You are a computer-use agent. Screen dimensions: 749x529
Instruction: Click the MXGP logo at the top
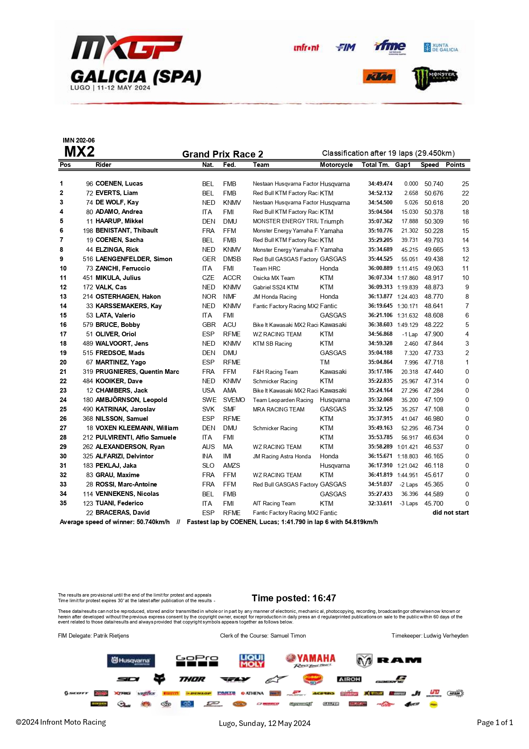tap(127, 48)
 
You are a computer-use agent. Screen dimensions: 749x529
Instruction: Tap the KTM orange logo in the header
tap(379, 77)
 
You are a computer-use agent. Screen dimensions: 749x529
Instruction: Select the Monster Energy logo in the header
tap(434, 78)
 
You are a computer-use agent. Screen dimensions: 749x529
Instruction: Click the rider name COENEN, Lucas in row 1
tap(119, 184)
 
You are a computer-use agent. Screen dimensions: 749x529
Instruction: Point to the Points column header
tap(455, 165)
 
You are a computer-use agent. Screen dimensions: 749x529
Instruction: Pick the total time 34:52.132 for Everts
tap(380, 193)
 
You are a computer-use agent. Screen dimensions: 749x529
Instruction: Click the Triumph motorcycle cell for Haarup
tap(331, 221)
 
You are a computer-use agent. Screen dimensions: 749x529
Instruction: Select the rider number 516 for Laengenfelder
tap(88, 259)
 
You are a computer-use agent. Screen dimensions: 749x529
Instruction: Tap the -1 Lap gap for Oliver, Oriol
tap(410, 334)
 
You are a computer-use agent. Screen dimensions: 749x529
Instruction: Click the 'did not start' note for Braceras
tap(451, 513)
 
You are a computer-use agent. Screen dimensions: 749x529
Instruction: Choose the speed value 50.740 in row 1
tap(433, 184)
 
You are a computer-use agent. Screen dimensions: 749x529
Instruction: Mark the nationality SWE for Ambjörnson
tap(209, 400)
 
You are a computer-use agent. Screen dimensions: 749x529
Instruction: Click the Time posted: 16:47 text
tap(294, 598)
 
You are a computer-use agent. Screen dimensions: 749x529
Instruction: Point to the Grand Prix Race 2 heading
tap(223, 154)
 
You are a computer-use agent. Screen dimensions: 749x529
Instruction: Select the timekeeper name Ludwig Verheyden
tap(446, 635)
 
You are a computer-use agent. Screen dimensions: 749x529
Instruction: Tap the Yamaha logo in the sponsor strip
tap(311, 660)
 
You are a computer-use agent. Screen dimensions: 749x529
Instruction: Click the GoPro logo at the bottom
tap(197, 660)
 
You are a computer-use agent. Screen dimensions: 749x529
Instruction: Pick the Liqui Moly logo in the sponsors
tap(252, 661)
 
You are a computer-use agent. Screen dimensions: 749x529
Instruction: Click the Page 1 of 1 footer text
tap(494, 723)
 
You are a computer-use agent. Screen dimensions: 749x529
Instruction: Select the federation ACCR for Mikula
tap(232, 278)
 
